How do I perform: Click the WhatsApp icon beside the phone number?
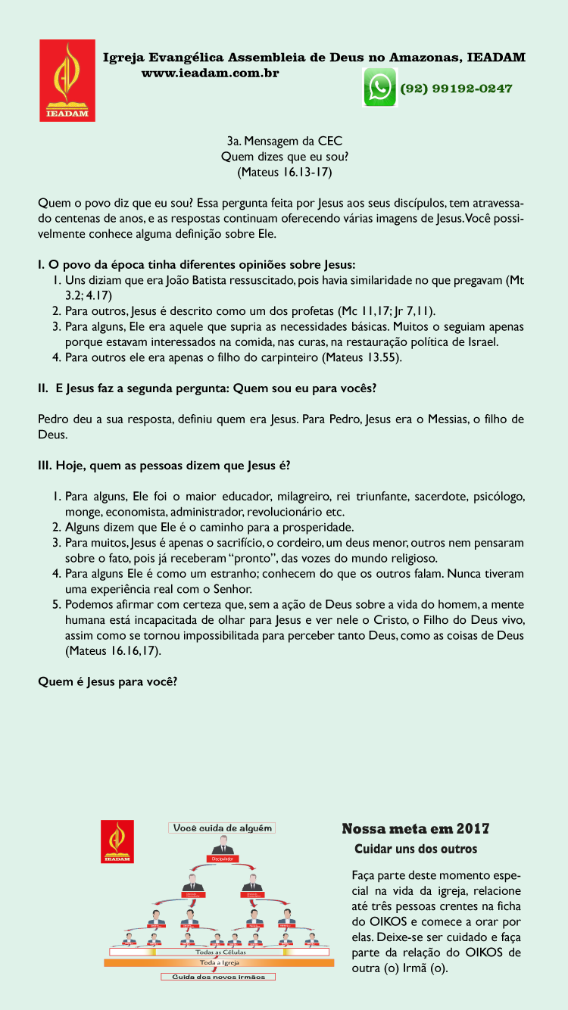380,87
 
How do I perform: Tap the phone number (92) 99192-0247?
456,89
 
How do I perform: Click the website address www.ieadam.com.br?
211,73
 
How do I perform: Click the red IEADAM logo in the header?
67,80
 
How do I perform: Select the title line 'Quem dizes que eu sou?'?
284,157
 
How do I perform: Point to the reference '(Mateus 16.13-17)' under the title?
284,172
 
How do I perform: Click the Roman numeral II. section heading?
207,388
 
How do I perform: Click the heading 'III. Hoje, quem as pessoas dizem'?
164,465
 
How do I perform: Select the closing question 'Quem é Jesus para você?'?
108,681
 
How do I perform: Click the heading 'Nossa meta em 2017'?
415,829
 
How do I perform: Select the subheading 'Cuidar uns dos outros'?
416,849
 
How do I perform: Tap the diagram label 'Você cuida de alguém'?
222,828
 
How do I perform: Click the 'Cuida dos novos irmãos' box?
218,977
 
